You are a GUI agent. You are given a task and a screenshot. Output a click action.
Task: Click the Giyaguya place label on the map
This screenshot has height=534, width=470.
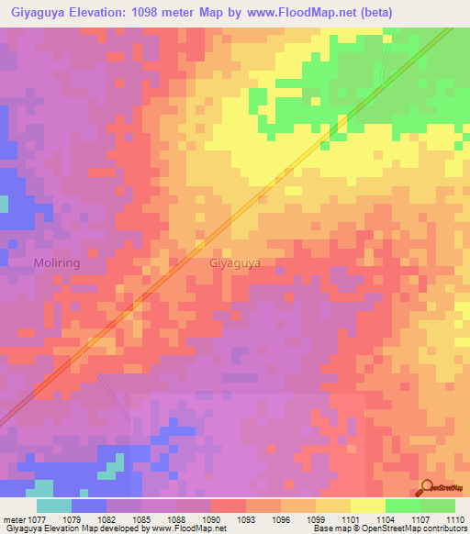[235, 262]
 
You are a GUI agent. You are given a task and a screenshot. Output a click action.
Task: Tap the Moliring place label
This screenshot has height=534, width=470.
[58, 263]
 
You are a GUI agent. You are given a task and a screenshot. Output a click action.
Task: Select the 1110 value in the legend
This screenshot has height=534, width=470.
[453, 518]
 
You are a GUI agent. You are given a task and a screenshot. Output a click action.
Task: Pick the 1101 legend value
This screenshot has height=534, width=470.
[349, 518]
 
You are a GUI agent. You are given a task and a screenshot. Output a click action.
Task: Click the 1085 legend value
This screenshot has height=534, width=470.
[140, 518]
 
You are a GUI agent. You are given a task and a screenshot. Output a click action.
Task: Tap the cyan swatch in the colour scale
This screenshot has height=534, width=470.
[54, 506]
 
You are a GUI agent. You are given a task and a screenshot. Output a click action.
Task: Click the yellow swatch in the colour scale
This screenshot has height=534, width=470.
[367, 506]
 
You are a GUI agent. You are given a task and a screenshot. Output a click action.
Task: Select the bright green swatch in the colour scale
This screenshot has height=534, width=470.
[402, 506]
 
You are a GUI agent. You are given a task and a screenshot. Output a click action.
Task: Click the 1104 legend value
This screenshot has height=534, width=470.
[385, 518]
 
